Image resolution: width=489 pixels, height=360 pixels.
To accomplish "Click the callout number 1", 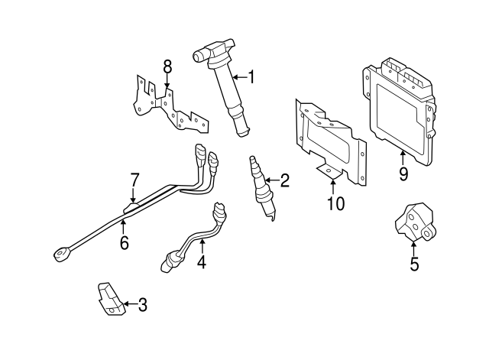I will pyautogui.click(x=251, y=77).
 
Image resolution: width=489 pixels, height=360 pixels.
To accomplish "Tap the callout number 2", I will pyautogui.click(x=285, y=181).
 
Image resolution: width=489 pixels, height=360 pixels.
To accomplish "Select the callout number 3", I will pyautogui.click(x=141, y=306).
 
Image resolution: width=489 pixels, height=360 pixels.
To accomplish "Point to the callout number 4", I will pyautogui.click(x=202, y=262).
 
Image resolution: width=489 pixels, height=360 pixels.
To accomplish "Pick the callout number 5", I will pyautogui.click(x=414, y=266).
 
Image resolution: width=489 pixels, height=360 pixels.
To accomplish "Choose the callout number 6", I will pyautogui.click(x=124, y=243).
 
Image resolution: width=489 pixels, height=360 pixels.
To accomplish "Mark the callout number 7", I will pyautogui.click(x=134, y=180).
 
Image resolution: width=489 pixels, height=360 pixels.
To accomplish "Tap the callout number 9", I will pyautogui.click(x=403, y=174).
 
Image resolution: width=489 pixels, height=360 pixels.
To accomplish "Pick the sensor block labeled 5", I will pyautogui.click(x=413, y=222).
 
